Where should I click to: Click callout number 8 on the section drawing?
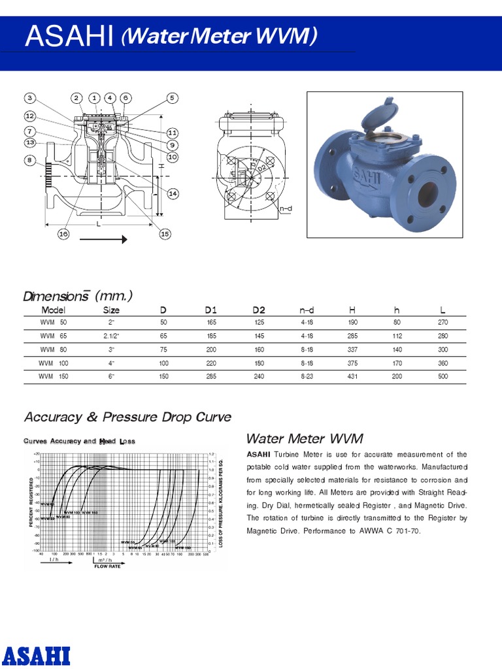coord(30,160)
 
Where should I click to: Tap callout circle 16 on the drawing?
coord(63,234)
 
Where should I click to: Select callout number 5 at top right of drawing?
coord(173,98)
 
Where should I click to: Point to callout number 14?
coord(173,193)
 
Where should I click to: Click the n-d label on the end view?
coord(286,208)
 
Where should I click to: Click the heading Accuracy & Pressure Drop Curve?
coord(127,417)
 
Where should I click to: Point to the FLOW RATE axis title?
coord(108,566)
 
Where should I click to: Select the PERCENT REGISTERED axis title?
coord(31,502)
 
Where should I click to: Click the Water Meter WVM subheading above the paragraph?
coord(304,438)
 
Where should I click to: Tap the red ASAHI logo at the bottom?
coord(36,654)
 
